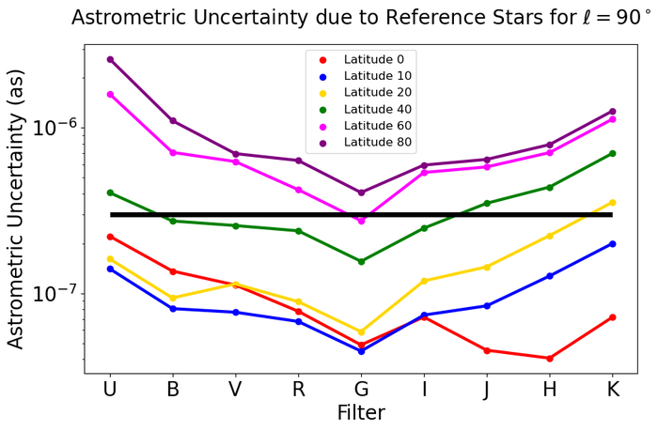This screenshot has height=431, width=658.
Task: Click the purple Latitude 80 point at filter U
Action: coord(110,59)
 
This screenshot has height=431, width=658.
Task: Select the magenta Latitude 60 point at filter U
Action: coord(110,94)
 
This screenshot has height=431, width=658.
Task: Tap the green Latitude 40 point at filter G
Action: coord(361,261)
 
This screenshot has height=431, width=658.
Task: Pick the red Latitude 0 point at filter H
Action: coord(550,358)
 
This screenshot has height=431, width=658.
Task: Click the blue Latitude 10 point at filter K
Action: coord(613,243)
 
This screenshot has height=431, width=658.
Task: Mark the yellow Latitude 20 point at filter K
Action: coord(613,202)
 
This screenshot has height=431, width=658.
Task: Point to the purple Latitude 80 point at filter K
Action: coord(613,111)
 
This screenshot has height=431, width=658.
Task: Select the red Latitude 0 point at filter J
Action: coord(487,350)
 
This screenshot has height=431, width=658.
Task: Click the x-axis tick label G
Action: coord(361,390)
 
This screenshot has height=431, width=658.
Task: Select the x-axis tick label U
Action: coord(110,390)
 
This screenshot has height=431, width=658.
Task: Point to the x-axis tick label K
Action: coord(613,390)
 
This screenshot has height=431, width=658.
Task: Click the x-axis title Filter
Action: coord(361,412)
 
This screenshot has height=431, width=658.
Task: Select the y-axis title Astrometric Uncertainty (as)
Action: coord(16,213)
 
